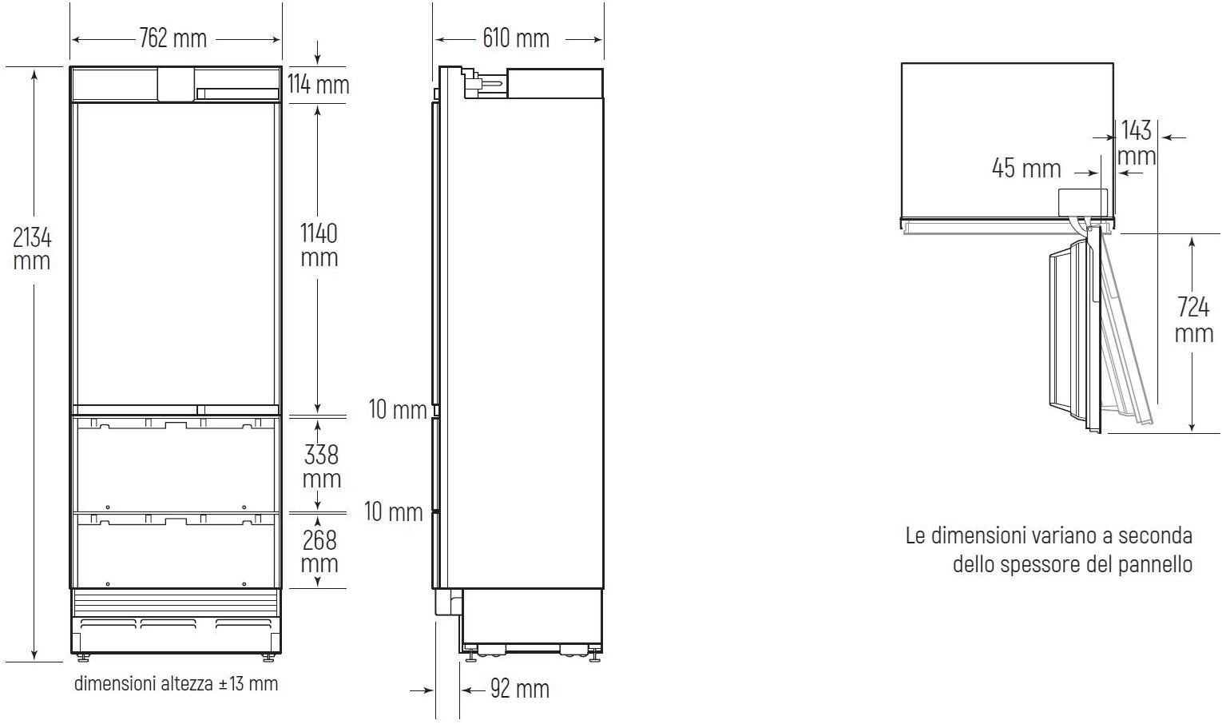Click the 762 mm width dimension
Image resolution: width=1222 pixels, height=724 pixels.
click(x=173, y=38)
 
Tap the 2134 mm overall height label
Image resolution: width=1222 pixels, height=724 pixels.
click(x=32, y=249)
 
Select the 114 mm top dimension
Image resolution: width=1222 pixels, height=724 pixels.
click(x=319, y=85)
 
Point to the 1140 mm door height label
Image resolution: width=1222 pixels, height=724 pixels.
click(x=319, y=245)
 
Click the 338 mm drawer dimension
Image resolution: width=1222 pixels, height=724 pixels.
click(x=321, y=467)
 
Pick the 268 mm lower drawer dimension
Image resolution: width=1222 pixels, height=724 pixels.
click(x=319, y=551)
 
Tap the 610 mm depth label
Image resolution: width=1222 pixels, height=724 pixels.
click(x=516, y=38)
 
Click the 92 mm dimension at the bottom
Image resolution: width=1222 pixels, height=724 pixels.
click(x=520, y=689)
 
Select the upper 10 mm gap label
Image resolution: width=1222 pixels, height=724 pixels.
click(x=398, y=409)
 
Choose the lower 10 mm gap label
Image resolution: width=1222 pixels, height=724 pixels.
click(x=393, y=512)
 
